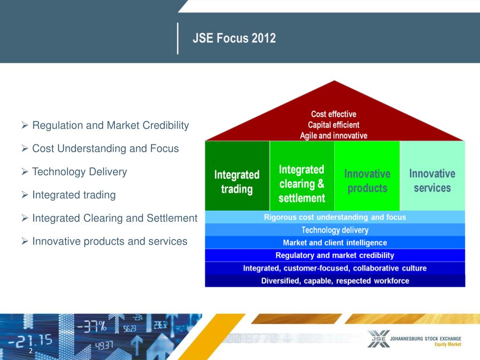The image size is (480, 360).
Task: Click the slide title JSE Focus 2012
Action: (x=234, y=38)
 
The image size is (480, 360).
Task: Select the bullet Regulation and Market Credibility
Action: (x=110, y=126)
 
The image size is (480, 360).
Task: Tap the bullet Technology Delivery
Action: (x=79, y=172)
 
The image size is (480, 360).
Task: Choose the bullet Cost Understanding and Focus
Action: (x=105, y=149)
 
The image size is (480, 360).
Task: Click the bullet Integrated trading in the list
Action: (x=74, y=195)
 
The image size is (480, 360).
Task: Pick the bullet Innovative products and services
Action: (x=109, y=241)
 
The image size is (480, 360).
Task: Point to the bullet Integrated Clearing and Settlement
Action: (x=114, y=218)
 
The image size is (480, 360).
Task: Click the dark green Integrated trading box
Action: (x=237, y=182)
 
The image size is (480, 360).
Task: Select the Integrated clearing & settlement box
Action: (x=301, y=183)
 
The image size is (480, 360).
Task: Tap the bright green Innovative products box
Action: (x=367, y=181)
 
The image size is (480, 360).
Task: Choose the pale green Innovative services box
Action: (x=432, y=181)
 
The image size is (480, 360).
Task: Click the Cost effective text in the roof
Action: (x=334, y=114)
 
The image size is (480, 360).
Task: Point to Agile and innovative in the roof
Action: (x=334, y=135)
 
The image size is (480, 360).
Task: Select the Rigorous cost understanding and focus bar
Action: (x=335, y=217)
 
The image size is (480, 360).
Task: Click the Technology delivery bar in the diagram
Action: (x=335, y=230)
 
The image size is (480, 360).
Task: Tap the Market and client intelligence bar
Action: (x=335, y=243)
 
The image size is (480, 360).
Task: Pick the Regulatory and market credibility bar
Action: (x=335, y=255)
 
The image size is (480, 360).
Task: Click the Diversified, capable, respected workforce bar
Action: (x=335, y=281)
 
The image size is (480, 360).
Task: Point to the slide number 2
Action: (x=30, y=351)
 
